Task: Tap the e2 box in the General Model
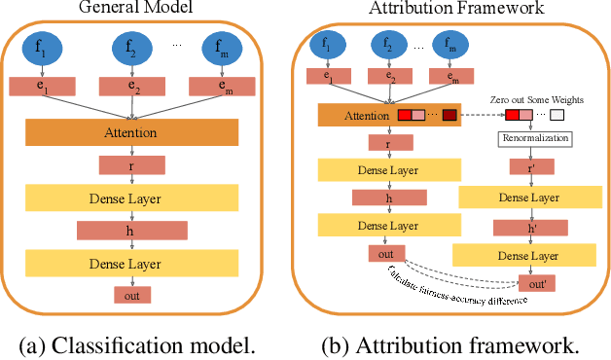132,87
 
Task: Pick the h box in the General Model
131,231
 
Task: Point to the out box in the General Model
132,295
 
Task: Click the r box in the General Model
131,166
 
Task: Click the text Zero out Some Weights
533,97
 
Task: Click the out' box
532,283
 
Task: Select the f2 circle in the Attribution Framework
389,44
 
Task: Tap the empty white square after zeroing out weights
557,117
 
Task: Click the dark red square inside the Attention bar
449,117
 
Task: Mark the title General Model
132,9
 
